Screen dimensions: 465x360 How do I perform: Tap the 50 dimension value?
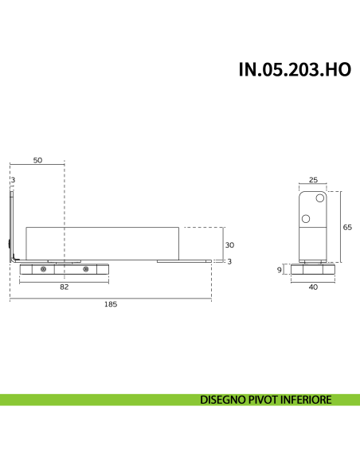point(37,160)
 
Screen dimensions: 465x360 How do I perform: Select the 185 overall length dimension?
point(111,304)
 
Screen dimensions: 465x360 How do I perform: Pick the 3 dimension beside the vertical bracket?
point(14,179)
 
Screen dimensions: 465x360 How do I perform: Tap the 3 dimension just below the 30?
point(229,261)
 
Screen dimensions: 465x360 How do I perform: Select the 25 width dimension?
point(313,180)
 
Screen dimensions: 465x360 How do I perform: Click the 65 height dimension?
point(347,227)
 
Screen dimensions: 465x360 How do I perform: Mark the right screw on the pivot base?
point(86,270)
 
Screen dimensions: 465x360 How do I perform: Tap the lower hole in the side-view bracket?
point(306,217)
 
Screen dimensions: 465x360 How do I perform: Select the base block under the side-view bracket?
point(313,270)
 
